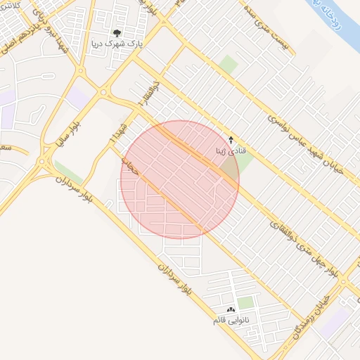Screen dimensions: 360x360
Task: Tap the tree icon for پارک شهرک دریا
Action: pyautogui.click(x=117, y=32)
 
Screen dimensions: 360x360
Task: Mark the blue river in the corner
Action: pyautogui.click(x=330, y=11)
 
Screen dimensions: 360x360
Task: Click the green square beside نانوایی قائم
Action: pyautogui.click(x=245, y=302)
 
